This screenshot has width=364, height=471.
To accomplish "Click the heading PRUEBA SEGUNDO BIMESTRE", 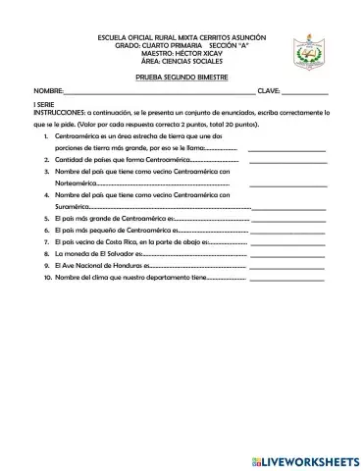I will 182,76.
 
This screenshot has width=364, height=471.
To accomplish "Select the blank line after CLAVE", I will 303,92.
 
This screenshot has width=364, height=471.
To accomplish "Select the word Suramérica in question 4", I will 73,207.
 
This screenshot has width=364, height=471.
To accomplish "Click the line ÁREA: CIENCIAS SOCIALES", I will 182,60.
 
